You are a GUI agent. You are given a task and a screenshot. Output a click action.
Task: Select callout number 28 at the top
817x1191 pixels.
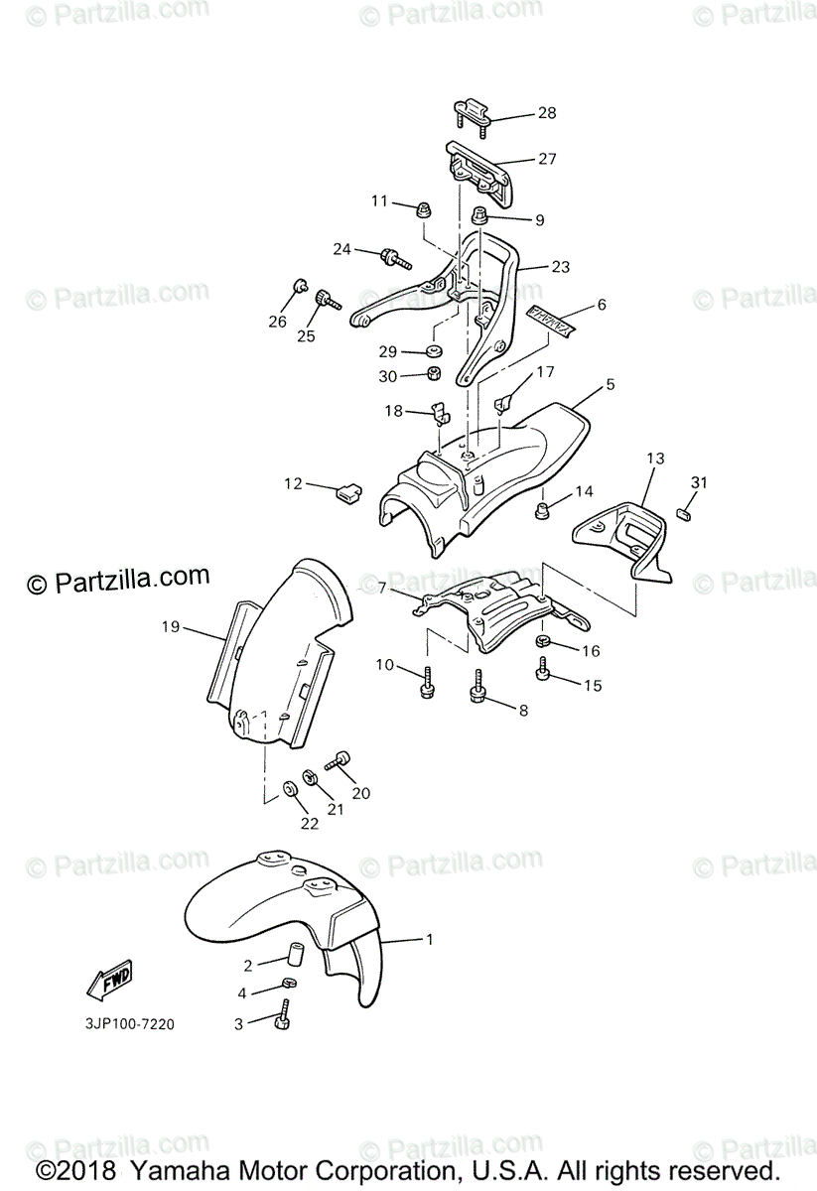click(x=547, y=113)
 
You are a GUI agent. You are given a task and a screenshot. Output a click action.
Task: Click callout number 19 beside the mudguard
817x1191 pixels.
click(x=170, y=626)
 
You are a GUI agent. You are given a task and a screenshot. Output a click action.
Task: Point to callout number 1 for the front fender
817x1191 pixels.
click(x=430, y=938)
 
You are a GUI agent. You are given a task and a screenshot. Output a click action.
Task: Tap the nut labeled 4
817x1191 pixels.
click(x=288, y=984)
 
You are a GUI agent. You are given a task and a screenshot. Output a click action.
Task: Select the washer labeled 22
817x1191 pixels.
click(x=289, y=788)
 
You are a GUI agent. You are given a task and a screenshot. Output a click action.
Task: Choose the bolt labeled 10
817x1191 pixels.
click(x=428, y=681)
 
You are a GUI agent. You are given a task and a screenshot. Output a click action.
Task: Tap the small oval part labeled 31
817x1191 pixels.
click(x=684, y=513)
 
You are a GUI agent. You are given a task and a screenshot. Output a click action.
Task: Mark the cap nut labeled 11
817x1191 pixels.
click(x=423, y=209)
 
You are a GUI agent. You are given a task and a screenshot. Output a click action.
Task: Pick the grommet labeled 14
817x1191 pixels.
click(x=543, y=510)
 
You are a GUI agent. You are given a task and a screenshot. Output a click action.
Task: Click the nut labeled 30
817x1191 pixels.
click(x=434, y=374)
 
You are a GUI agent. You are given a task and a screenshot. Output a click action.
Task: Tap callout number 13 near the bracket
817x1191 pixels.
click(x=655, y=459)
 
